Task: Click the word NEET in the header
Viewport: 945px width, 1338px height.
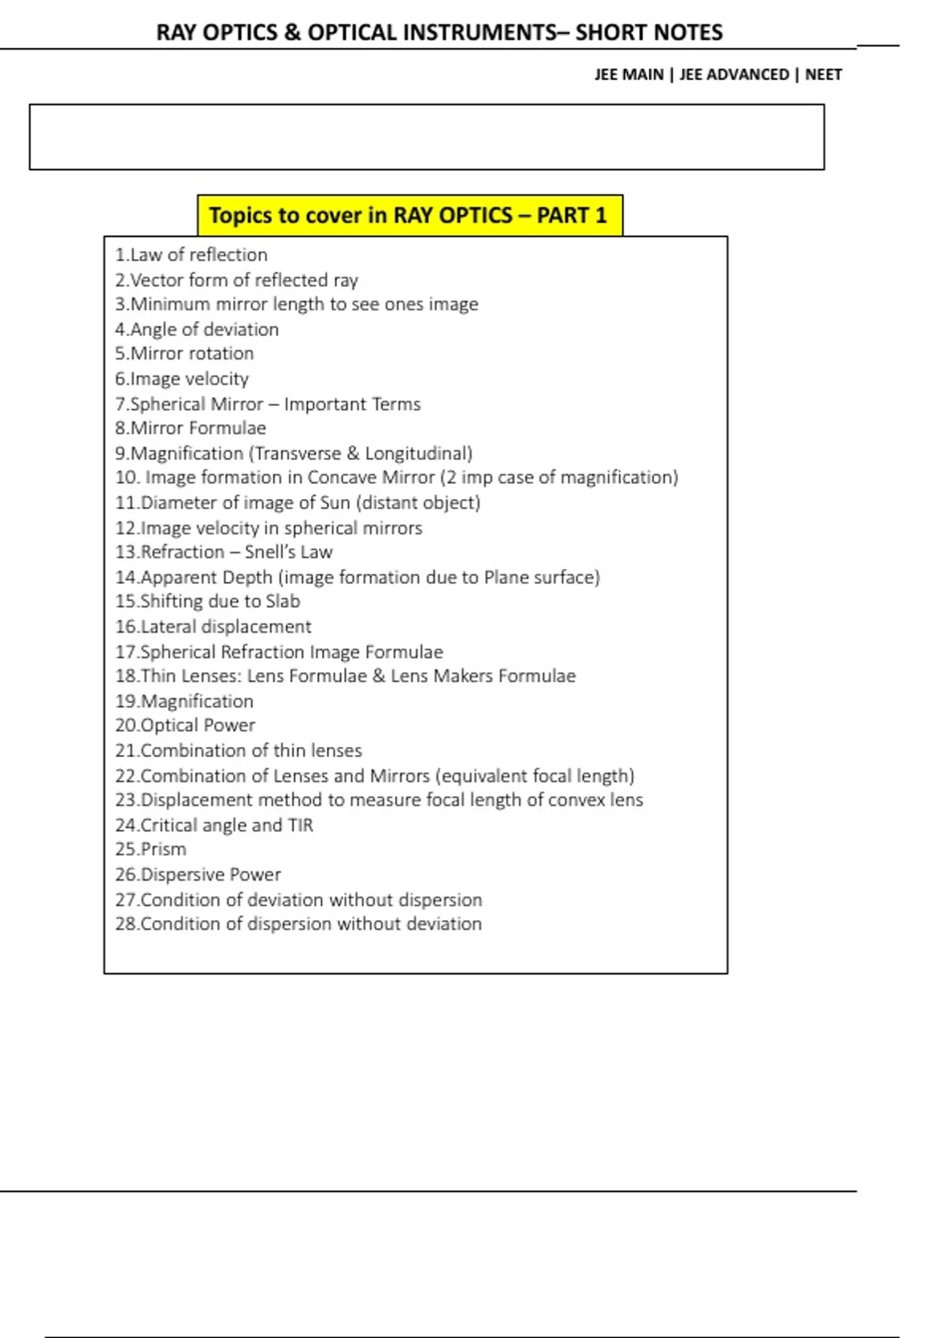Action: point(823,75)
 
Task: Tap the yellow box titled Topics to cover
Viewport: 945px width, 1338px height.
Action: point(409,216)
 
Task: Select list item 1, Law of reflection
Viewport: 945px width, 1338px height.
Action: point(191,255)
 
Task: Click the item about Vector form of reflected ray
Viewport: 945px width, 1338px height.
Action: point(236,280)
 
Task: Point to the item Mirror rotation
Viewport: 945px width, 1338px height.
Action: point(184,353)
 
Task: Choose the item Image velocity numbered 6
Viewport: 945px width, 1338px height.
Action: point(182,379)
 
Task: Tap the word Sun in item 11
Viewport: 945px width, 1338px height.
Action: point(335,503)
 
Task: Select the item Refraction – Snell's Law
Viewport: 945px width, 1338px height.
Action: point(224,552)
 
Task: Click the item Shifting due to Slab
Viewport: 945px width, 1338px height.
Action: point(208,601)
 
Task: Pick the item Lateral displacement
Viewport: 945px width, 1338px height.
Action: point(213,626)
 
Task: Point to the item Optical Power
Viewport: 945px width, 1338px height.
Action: point(185,725)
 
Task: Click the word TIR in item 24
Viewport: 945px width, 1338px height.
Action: point(301,825)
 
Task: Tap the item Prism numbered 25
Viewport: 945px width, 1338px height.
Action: point(151,849)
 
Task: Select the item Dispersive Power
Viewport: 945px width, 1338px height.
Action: point(198,874)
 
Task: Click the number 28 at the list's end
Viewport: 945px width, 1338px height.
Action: point(126,924)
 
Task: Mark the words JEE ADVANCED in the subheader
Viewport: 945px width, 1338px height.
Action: point(734,75)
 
